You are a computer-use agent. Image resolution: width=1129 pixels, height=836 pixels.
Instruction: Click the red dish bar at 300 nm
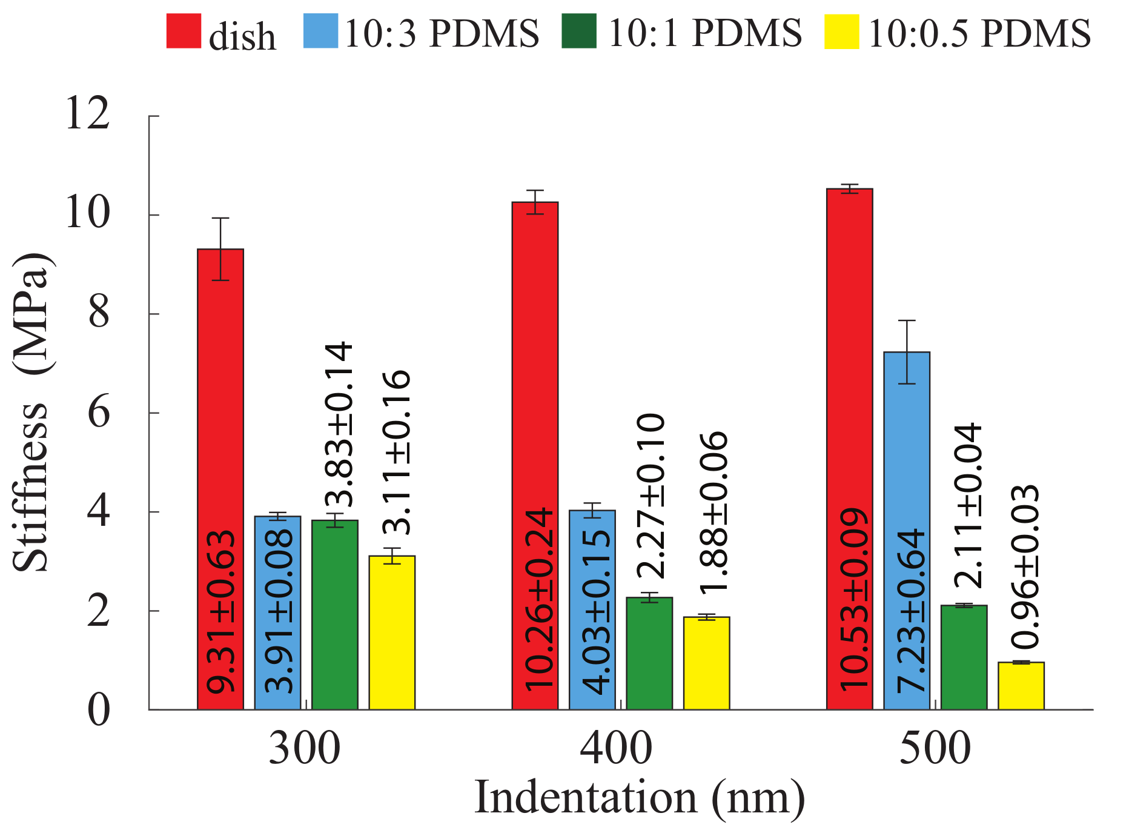pyautogui.click(x=220, y=479)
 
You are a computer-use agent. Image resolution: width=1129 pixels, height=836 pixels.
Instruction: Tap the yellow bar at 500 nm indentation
pyautogui.click(x=1021, y=686)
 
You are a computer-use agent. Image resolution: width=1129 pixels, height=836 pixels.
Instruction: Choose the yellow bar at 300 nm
pyautogui.click(x=392, y=632)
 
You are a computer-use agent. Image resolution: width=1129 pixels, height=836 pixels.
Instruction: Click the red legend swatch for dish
pyautogui.click(x=184, y=31)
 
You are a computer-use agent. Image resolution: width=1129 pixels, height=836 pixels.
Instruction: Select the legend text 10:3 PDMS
pyautogui.click(x=442, y=33)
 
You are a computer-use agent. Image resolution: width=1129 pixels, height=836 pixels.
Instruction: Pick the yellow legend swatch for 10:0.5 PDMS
pyautogui.click(x=841, y=31)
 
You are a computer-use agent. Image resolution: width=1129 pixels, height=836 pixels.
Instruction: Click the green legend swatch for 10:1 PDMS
pyautogui.click(x=578, y=31)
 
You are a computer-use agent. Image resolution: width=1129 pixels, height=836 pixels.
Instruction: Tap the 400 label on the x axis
pyautogui.click(x=616, y=749)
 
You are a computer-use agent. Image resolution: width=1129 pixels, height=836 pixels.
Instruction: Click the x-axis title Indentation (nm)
pyautogui.click(x=640, y=798)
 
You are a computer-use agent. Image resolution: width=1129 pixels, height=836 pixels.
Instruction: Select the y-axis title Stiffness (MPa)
pyautogui.click(x=31, y=412)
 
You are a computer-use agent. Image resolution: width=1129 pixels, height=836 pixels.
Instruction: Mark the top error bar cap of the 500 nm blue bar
pyautogui.click(x=907, y=320)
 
